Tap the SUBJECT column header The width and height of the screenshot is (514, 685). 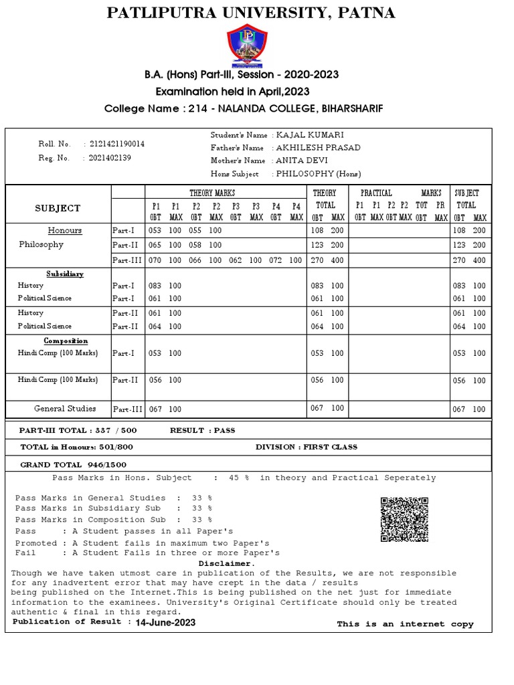tap(58, 208)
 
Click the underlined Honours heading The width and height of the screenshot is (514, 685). tap(65, 231)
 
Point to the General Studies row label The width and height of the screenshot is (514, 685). tap(65, 409)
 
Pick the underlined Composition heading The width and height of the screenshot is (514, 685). tap(66, 341)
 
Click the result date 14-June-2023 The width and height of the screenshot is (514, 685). tap(165, 622)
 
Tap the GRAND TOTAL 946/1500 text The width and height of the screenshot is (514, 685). tap(73, 464)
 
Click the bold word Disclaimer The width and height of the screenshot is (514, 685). tap(227, 563)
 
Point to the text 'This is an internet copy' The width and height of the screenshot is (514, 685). tap(405, 624)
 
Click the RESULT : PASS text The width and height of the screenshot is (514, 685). tap(203, 430)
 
